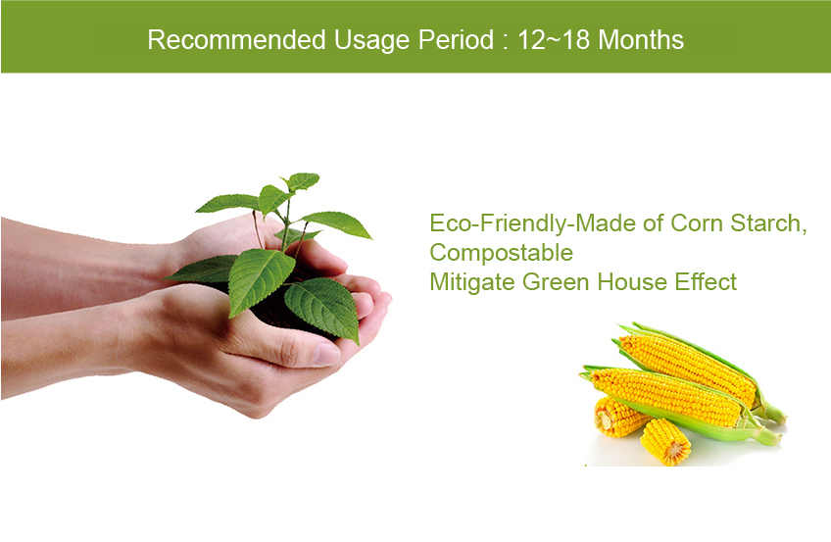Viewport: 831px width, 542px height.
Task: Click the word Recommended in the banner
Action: coord(236,40)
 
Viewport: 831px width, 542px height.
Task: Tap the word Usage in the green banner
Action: coord(372,41)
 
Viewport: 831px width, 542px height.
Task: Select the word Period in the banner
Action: coord(456,40)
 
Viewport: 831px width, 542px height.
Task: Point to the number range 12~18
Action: coord(554,40)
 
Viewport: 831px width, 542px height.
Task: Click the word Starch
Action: coord(764,223)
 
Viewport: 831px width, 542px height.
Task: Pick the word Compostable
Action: coord(502,253)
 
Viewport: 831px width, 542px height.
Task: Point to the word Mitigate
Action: coord(472,282)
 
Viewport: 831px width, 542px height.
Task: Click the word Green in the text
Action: coord(556,282)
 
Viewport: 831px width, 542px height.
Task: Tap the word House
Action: coord(632,282)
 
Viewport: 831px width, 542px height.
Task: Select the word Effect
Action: coord(706,282)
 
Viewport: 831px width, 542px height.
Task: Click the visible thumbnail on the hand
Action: coord(326,354)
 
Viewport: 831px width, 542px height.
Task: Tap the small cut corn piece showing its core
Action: coord(665,442)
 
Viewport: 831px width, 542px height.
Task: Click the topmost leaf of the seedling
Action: coord(303,180)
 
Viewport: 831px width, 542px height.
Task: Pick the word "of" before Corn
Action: coord(653,223)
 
